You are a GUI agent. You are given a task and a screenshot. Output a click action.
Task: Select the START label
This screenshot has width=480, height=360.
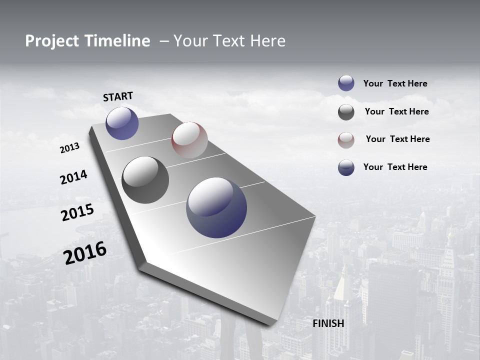tap(118, 96)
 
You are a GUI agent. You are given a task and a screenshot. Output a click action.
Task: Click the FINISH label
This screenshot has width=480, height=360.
tap(328, 323)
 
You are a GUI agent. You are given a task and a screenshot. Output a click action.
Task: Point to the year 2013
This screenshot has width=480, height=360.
tap(69, 148)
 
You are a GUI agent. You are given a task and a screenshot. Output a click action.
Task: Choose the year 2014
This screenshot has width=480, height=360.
tap(73, 177)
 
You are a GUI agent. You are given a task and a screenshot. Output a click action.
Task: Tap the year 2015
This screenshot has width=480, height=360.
tap(77, 212)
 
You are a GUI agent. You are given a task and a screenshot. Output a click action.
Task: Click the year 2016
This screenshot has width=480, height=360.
tap(85, 253)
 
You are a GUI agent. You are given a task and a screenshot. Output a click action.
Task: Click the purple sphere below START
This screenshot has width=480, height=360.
tap(122, 123)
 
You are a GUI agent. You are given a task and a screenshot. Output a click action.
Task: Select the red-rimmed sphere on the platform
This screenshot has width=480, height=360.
tap(189, 139)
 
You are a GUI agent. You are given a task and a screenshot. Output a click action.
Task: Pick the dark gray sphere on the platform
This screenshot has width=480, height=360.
tap(145, 180)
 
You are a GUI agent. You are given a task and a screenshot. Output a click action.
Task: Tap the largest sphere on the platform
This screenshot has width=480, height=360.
tap(216, 207)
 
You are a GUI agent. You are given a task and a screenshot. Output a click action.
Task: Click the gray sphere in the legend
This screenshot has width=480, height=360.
tap(346, 112)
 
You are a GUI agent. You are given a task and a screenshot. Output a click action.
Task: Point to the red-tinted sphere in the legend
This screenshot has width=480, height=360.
tap(346, 140)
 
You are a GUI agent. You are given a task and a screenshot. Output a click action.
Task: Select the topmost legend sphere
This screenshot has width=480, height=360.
tap(346, 83)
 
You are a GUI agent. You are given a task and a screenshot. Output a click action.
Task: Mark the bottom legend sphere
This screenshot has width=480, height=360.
tap(346, 167)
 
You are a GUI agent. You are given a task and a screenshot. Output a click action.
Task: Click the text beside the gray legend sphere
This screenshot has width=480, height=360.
tap(396, 111)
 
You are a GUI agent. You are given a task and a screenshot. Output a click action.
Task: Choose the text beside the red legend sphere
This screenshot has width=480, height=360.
tap(397, 139)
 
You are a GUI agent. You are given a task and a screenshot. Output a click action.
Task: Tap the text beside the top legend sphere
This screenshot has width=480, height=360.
tap(395, 83)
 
